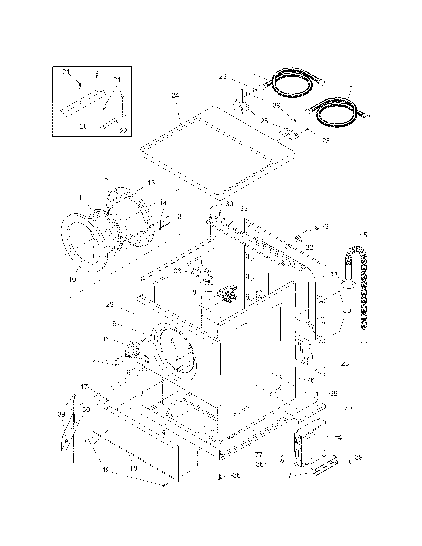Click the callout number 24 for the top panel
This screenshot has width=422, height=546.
click(x=175, y=95)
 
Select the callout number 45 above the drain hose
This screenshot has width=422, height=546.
click(x=363, y=235)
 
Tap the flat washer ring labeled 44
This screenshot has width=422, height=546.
click(x=349, y=284)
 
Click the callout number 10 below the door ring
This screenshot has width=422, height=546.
click(x=72, y=279)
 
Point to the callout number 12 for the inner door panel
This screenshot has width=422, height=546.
click(x=104, y=181)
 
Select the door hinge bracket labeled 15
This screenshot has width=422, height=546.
click(x=132, y=348)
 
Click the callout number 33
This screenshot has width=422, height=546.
click(x=177, y=271)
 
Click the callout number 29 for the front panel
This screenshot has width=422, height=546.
click(x=110, y=305)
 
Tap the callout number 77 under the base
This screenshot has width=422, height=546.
click(x=259, y=454)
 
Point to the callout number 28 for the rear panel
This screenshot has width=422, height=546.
click(x=345, y=363)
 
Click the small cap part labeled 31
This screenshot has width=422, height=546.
click(x=317, y=227)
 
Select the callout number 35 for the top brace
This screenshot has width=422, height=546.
click(x=244, y=208)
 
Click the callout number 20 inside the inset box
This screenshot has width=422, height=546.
click(x=84, y=126)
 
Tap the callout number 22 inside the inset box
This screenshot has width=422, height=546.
click(x=123, y=131)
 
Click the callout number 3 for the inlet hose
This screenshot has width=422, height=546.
click(x=351, y=84)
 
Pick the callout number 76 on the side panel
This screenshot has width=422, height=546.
click(x=310, y=380)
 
